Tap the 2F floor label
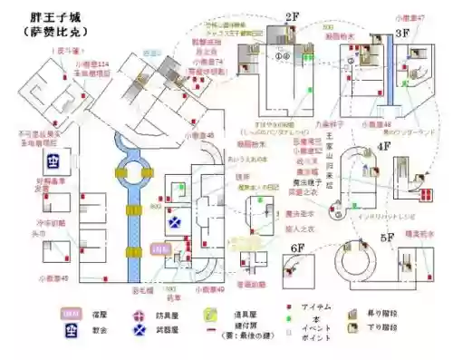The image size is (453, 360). click(292, 17)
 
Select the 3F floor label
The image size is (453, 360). click(403, 33)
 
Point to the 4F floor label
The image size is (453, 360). click(383, 145)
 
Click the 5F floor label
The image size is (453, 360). click(388, 238)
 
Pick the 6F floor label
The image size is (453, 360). click(297, 247)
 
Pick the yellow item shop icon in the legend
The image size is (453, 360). click(209, 314)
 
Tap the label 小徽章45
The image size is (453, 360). click(53, 278)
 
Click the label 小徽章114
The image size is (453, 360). click(92, 64)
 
